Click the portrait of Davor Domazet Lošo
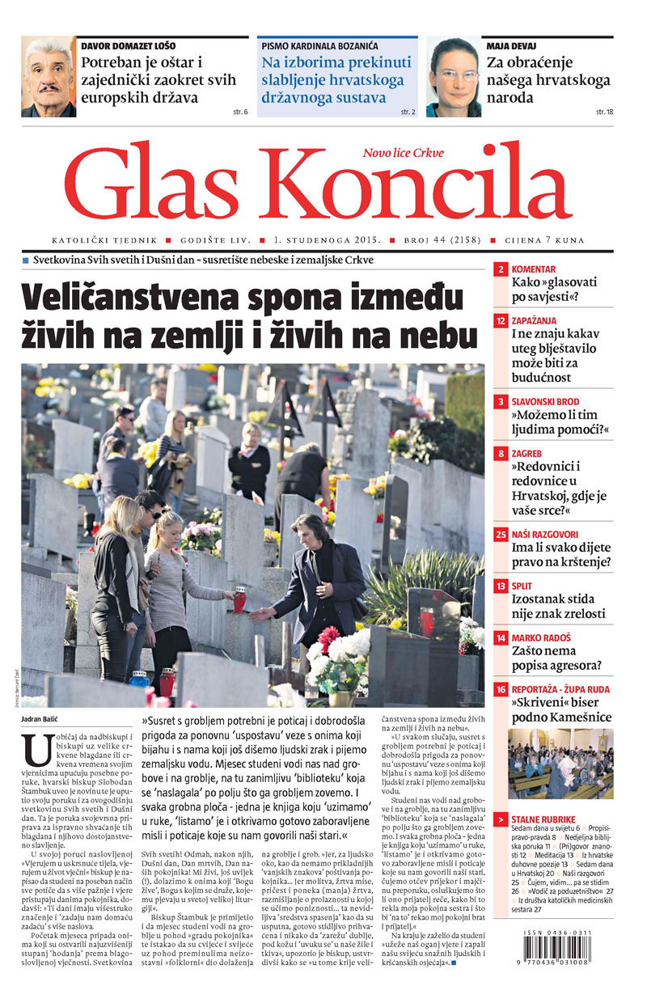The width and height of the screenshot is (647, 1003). pos(49,78)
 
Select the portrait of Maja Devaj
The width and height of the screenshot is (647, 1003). pos(454,78)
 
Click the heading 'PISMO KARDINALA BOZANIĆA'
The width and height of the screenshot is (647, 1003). pos(319,46)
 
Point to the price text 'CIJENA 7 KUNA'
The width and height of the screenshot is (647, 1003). pos(543,240)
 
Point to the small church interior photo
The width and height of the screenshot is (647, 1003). pos(560,763)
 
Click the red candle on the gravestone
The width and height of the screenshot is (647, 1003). pos(239,599)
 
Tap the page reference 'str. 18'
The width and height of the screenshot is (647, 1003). pos(603,111)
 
